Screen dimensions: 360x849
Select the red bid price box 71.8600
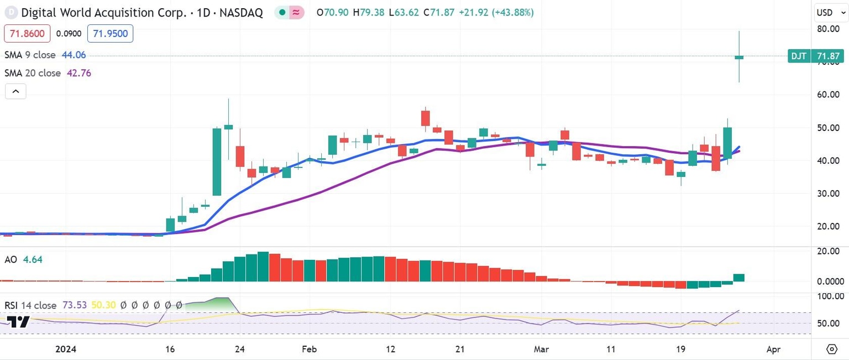(x=27, y=34)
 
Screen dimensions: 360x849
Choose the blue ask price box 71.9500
(x=110, y=34)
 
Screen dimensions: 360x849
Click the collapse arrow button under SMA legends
(x=15, y=91)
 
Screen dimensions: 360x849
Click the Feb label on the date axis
(x=310, y=349)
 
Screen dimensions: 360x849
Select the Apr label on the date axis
(x=774, y=349)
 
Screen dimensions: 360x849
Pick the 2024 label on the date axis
(x=66, y=349)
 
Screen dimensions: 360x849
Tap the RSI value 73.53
(x=74, y=305)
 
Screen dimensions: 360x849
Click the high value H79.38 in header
(x=370, y=12)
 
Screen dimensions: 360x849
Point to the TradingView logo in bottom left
(x=18, y=322)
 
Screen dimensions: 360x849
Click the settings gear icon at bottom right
(x=832, y=349)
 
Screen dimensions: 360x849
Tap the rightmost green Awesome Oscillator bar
(x=739, y=278)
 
